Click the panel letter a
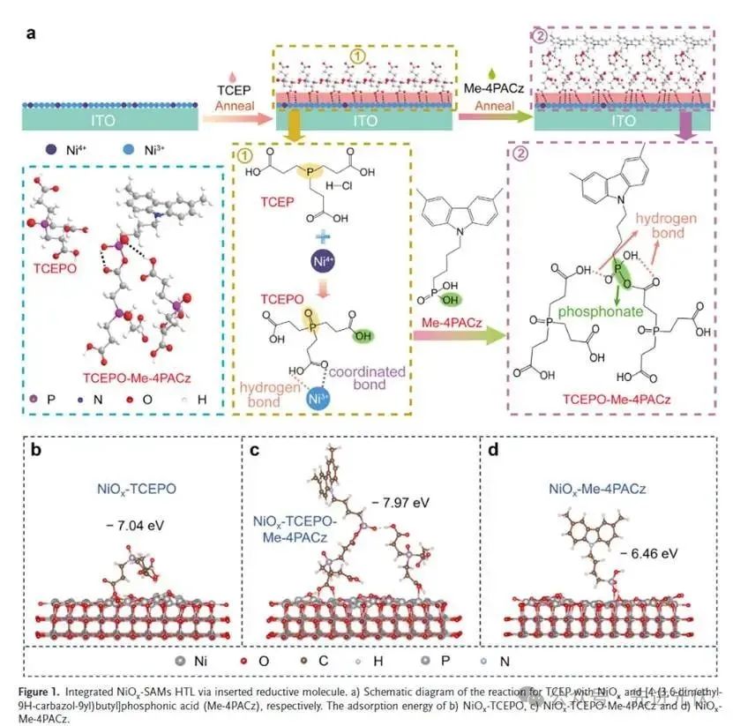click(32, 35)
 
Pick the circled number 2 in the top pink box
click(539, 36)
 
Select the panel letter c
click(256, 449)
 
